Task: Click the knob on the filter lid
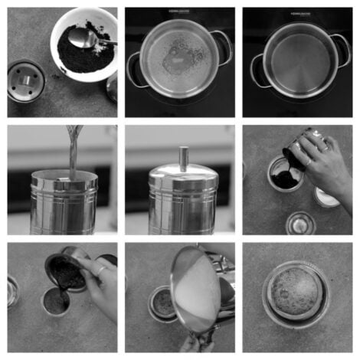184,158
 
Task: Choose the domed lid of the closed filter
184,181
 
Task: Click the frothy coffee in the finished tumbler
295,291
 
